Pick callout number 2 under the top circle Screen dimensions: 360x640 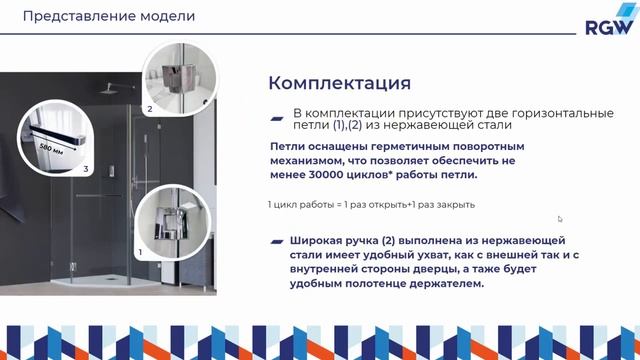150,108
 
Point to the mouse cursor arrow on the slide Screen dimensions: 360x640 560,219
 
